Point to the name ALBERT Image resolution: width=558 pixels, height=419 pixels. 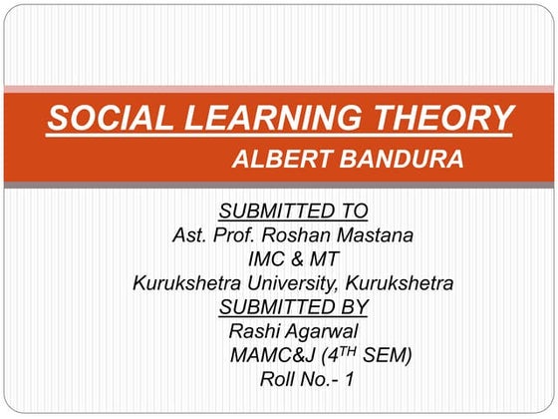click(x=278, y=161)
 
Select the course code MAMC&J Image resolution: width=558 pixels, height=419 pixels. click(x=268, y=355)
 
